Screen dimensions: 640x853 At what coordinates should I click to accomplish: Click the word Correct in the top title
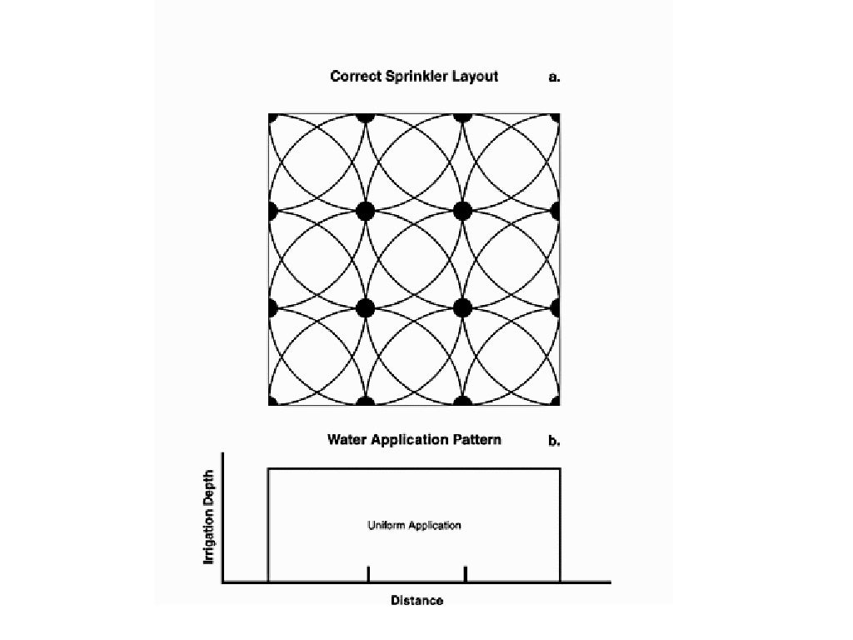[356, 77]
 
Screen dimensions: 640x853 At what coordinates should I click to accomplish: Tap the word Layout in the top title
[476, 77]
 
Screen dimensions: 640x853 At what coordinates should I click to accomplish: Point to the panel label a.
[554, 77]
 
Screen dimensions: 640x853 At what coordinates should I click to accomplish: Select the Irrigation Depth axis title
[210, 517]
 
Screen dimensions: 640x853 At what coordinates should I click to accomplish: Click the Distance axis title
[417, 600]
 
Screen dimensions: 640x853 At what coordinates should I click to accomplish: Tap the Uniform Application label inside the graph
[414, 526]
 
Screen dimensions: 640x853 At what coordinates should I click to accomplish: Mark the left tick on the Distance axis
[368, 574]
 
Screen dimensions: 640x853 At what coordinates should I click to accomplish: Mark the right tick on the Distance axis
[465, 574]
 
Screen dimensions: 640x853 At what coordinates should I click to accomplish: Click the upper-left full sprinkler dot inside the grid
[365, 211]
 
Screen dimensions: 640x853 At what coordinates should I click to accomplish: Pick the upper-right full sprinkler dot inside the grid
[463, 211]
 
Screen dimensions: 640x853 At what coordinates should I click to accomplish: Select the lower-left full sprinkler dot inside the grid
[365, 307]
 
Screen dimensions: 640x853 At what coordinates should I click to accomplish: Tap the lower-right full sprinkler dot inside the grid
[463, 307]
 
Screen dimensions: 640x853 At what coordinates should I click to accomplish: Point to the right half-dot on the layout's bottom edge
[463, 402]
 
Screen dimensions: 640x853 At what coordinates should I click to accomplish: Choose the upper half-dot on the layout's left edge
[272, 211]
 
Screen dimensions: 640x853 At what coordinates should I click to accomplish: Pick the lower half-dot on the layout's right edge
[556, 307]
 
